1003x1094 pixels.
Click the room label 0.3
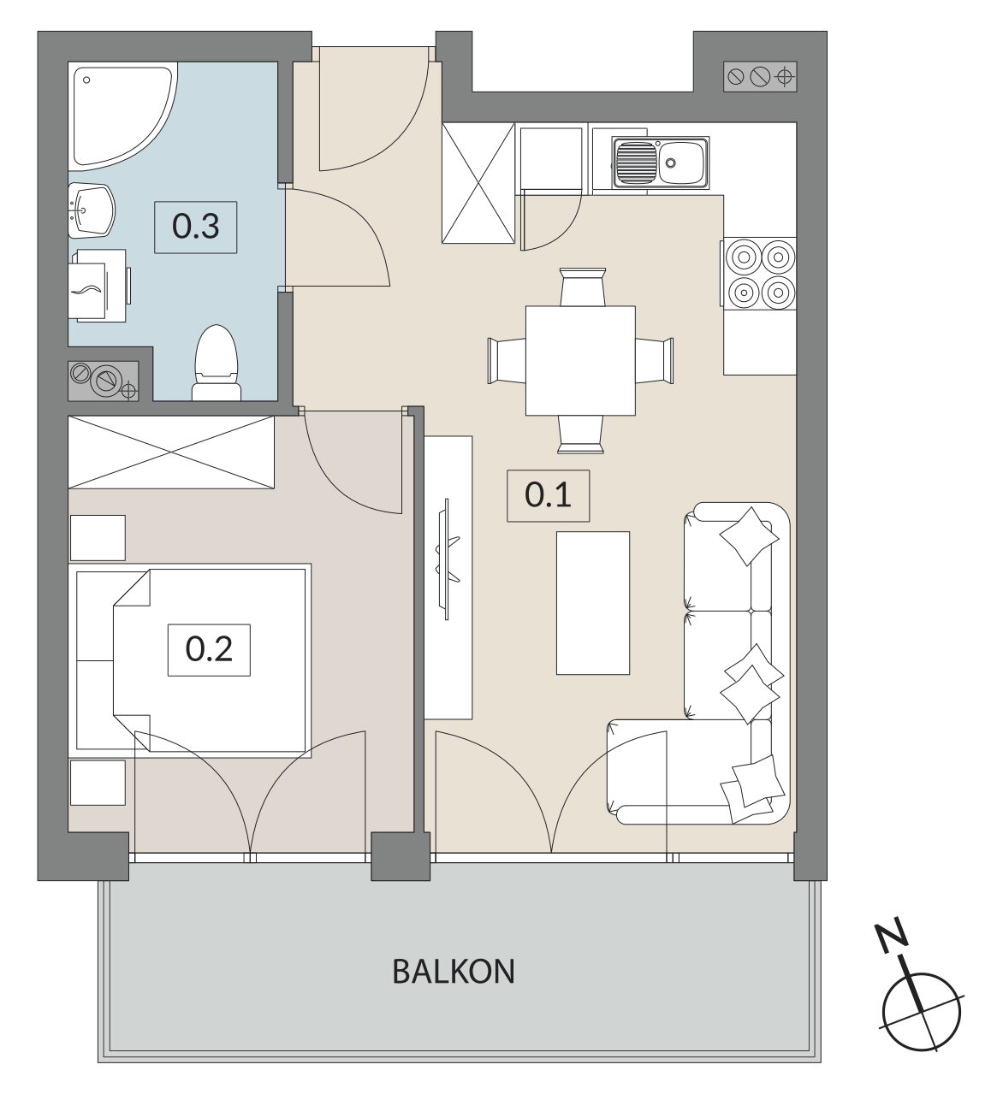pyautogui.click(x=195, y=227)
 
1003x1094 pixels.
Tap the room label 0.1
pyautogui.click(x=548, y=496)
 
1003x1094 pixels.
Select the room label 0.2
pyautogui.click(x=209, y=650)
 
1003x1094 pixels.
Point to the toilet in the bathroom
pyautogui.click(x=217, y=364)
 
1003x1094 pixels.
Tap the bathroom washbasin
pyautogui.click(x=92, y=210)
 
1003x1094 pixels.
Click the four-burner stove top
pyautogui.click(x=760, y=275)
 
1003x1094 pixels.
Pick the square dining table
pyautogui.click(x=580, y=360)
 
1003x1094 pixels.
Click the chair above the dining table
pyautogui.click(x=583, y=287)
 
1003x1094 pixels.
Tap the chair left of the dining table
pyautogui.click(x=507, y=360)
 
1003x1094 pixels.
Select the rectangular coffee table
pyautogui.click(x=593, y=603)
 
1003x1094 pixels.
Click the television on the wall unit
pyautogui.click(x=448, y=559)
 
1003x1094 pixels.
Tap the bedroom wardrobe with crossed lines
pyautogui.click(x=171, y=452)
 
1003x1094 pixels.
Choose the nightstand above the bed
pyautogui.click(x=98, y=538)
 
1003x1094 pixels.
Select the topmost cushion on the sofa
pyautogui.click(x=749, y=535)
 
